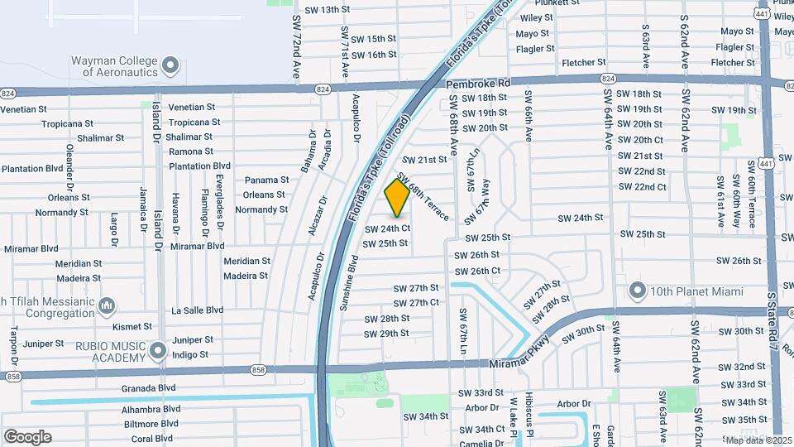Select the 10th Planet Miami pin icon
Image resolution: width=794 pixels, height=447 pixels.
click(x=637, y=291)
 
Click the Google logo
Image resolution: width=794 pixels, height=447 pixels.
click(x=27, y=437)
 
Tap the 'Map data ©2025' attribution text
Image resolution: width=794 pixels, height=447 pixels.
click(x=758, y=440)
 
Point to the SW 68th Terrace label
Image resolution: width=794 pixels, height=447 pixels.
click(x=423, y=196)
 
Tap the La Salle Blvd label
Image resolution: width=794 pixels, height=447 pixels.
click(x=197, y=310)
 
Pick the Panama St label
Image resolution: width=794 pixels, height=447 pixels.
click(x=266, y=180)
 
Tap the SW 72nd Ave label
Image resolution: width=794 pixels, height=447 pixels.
click(x=295, y=50)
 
